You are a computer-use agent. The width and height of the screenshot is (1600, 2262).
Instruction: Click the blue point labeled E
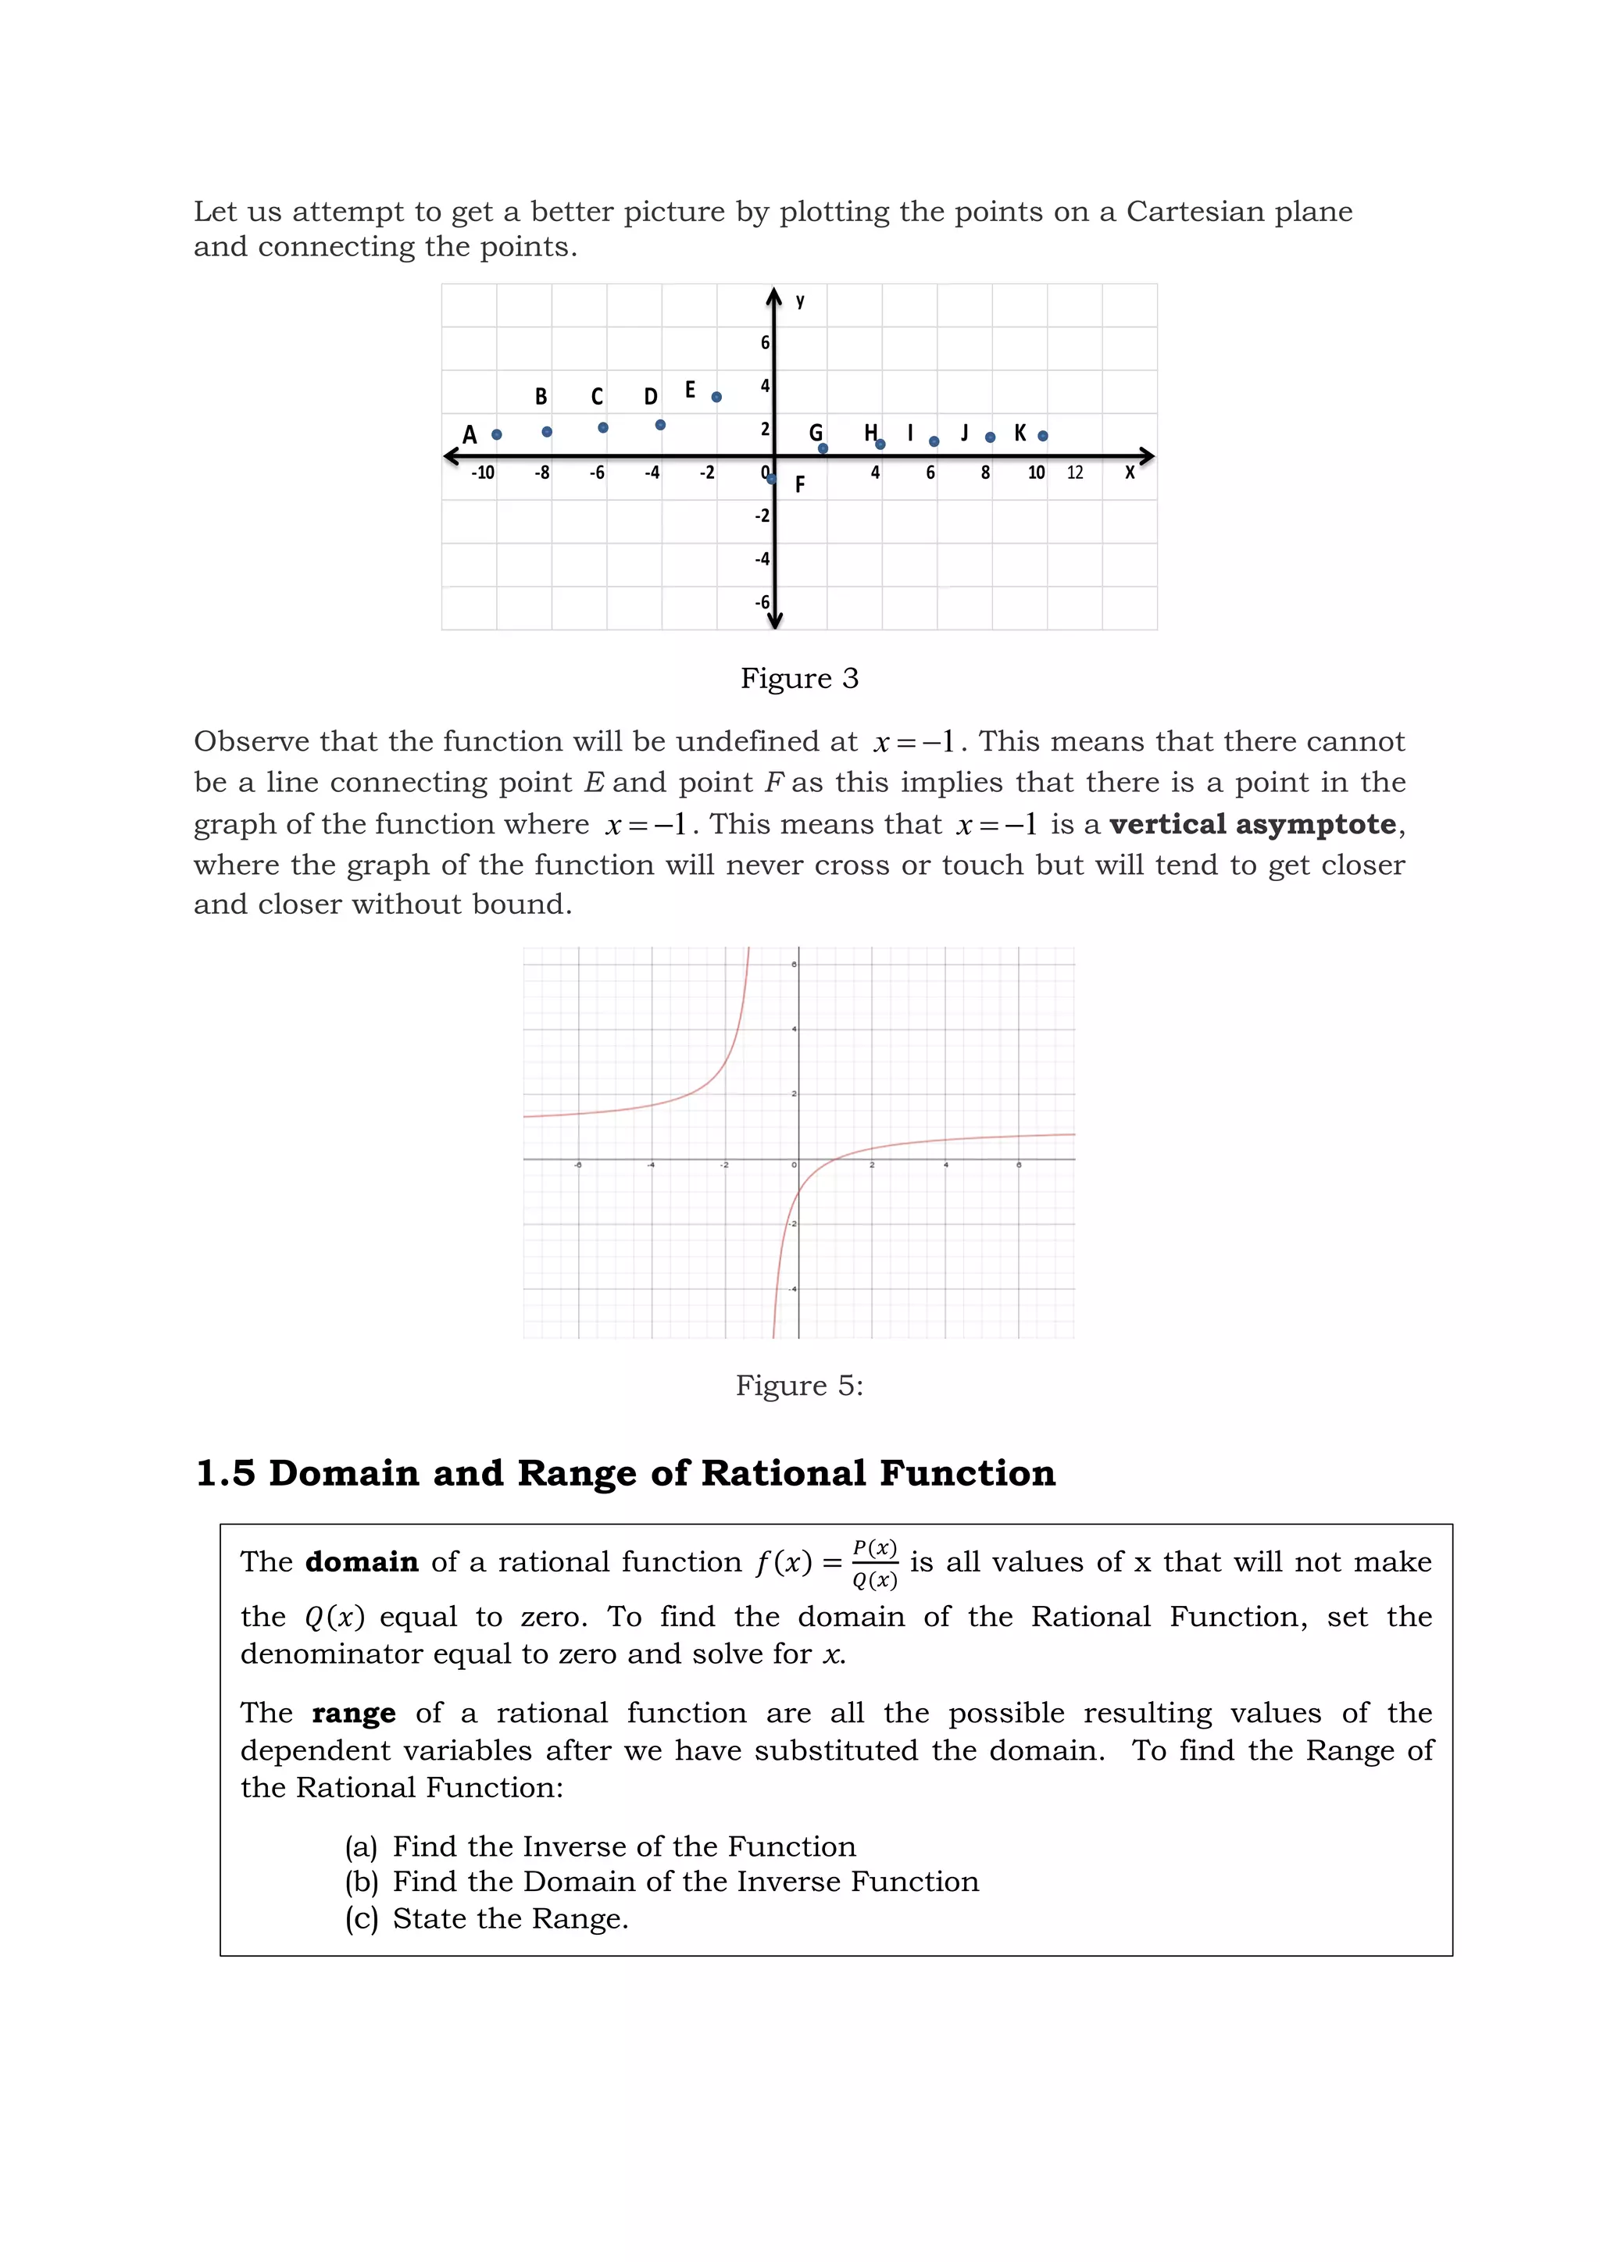pos(716,397)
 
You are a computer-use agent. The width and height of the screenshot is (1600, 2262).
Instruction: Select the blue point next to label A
pos(497,434)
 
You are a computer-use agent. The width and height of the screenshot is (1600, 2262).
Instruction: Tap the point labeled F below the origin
pos(771,480)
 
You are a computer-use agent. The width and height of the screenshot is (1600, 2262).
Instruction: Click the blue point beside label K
pos(1042,436)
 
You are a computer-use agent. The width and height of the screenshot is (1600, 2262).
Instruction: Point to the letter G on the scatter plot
pos(815,433)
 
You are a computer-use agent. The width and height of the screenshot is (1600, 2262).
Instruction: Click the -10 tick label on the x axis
pos(483,473)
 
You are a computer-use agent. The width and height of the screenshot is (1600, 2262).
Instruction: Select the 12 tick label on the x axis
pos(1074,473)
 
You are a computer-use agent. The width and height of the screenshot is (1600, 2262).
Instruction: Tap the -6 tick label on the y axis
pos(762,602)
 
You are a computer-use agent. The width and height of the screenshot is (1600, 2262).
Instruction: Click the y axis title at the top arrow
pos(800,301)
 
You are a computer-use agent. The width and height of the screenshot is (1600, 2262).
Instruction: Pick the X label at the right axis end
pos(1129,473)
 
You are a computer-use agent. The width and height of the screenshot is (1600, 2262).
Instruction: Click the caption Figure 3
pos(799,679)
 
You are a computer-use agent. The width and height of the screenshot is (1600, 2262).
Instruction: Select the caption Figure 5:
pos(799,1386)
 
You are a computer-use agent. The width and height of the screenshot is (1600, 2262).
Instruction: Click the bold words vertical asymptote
pos(1252,823)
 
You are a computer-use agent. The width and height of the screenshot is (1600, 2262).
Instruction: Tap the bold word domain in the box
pos(362,1562)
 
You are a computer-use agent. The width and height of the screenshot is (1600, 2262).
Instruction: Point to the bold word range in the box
pos(354,1713)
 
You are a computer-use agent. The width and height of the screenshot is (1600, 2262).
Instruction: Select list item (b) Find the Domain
pos(661,1882)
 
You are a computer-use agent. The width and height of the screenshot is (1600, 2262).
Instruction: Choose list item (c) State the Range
pos(487,1919)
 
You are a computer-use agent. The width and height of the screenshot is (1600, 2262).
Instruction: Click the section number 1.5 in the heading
pos(226,1474)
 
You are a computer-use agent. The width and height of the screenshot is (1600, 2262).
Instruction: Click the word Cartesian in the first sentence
pos(1195,212)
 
